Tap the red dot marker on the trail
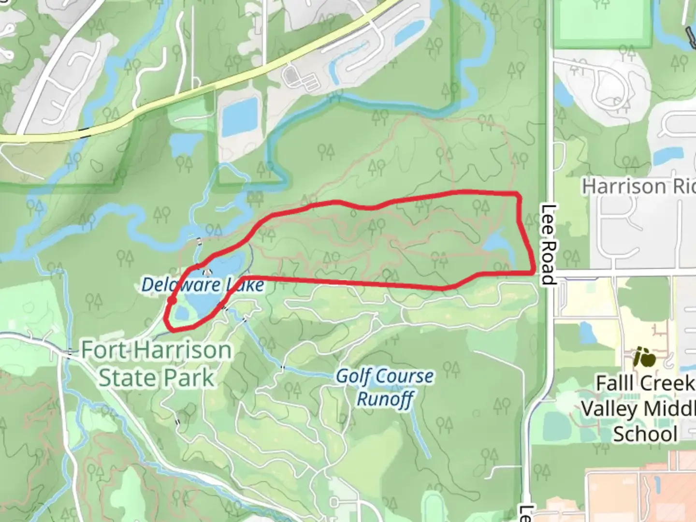tap(172, 301)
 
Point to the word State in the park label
tap(127, 378)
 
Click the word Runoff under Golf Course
tap(385, 400)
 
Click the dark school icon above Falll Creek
tap(645, 358)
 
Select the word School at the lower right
tap(645, 434)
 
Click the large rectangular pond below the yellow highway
tap(240, 116)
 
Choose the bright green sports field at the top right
tap(602, 24)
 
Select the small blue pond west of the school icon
tap(586, 333)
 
